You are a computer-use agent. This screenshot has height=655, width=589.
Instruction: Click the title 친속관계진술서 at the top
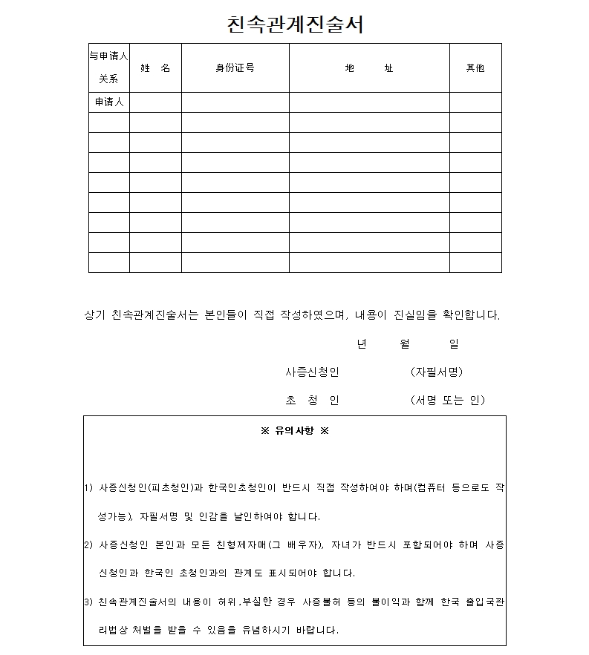tap(295, 24)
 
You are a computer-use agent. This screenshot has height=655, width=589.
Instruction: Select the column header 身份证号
tap(235, 68)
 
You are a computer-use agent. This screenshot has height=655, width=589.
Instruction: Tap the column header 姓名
tap(155, 68)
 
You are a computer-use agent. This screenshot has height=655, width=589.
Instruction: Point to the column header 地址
tap(369, 68)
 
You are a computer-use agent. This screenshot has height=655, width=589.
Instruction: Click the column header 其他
tap(475, 68)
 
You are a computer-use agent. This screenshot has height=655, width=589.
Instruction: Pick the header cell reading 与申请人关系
tap(108, 67)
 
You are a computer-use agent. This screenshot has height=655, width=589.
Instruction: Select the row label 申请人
tap(108, 102)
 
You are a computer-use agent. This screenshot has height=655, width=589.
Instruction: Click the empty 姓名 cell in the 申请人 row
tap(155, 102)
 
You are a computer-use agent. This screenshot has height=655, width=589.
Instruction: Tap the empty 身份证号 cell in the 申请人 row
tap(235, 102)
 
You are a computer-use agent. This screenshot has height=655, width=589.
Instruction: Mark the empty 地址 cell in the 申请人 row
tap(369, 102)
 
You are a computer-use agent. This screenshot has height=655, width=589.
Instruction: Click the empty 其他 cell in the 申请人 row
tap(475, 102)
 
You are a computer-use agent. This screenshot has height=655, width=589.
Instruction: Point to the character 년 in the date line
tap(362, 343)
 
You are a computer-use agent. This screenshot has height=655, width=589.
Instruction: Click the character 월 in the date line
tap(405, 343)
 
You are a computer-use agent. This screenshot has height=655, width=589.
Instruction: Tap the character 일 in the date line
tap(453, 343)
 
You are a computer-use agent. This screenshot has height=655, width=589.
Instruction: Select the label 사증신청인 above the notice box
tap(312, 372)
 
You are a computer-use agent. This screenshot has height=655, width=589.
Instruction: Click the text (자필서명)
tap(437, 372)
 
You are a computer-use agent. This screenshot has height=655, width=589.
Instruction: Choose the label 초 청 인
tap(312, 400)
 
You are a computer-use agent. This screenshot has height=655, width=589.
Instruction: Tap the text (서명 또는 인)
tap(447, 400)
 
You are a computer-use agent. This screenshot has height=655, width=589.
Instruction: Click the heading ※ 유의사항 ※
tap(295, 430)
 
